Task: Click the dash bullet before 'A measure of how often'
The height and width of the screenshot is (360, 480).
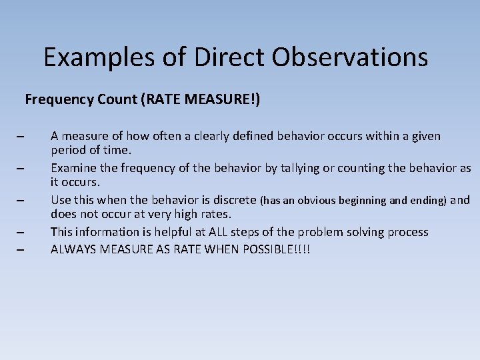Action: [x=20, y=137]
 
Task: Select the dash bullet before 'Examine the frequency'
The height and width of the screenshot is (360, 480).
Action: [x=20, y=169]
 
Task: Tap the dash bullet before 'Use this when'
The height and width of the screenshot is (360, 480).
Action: [x=20, y=201]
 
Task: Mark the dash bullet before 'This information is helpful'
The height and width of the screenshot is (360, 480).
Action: [x=20, y=233]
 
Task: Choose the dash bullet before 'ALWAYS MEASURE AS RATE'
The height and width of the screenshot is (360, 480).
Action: [x=20, y=250]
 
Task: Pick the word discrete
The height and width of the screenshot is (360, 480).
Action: [x=233, y=200]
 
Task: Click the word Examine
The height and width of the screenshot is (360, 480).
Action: [x=74, y=168]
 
